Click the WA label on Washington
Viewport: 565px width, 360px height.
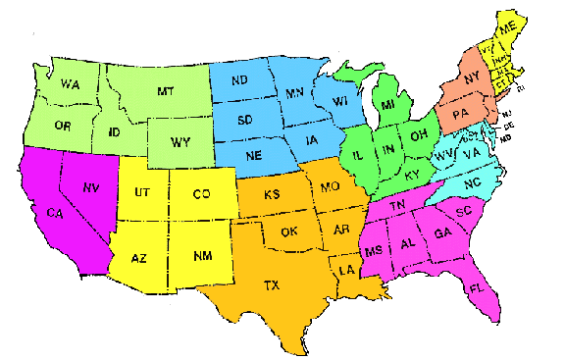click(69, 85)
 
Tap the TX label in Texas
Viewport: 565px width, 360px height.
click(271, 286)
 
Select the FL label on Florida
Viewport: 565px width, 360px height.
click(476, 289)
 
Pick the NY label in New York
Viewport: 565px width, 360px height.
click(471, 77)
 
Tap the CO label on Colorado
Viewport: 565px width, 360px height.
click(201, 194)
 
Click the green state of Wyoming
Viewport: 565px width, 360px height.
click(180, 142)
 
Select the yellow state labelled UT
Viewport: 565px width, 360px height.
click(140, 193)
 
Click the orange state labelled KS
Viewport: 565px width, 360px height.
click(273, 194)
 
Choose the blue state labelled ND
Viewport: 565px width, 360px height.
click(241, 80)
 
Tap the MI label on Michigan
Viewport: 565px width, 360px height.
click(388, 104)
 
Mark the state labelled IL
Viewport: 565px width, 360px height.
click(358, 155)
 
